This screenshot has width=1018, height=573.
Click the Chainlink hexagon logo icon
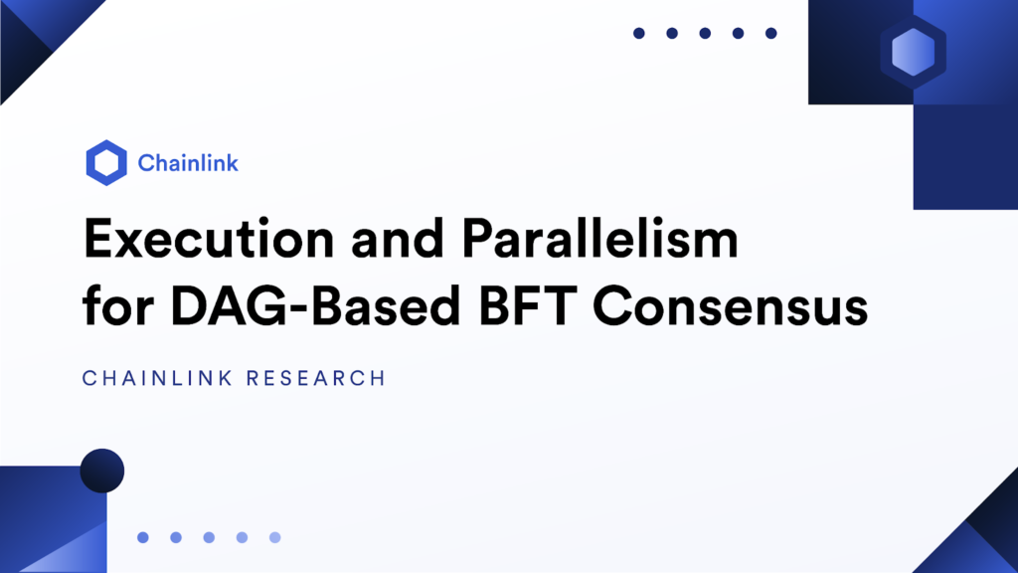click(x=106, y=163)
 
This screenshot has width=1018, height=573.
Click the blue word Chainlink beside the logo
click(x=188, y=163)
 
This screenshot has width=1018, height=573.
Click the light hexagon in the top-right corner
click(x=913, y=52)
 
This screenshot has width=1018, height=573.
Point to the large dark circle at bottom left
click(x=101, y=471)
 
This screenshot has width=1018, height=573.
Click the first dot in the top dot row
click(x=639, y=33)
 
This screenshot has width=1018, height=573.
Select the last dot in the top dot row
click(x=770, y=33)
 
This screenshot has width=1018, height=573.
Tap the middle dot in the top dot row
click(x=705, y=33)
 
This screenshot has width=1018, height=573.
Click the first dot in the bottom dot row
click(x=143, y=537)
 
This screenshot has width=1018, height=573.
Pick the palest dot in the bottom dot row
click(x=275, y=537)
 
